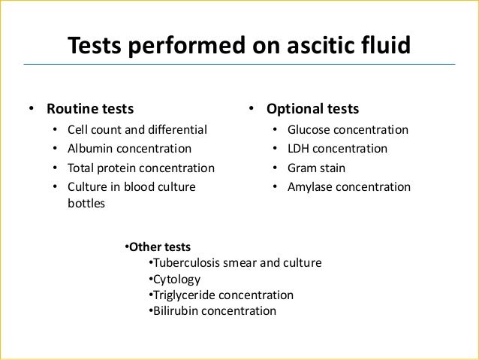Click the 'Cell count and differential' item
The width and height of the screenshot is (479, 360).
click(x=137, y=129)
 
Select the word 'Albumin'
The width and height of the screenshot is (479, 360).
click(x=90, y=148)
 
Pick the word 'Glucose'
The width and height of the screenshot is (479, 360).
click(x=310, y=129)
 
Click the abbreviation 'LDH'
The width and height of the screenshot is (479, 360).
click(x=300, y=148)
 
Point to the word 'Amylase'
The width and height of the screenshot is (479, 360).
click(x=311, y=186)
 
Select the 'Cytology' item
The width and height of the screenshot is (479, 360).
click(x=176, y=279)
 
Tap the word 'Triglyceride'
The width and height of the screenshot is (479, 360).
click(x=184, y=295)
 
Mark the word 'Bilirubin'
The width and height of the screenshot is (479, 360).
click(x=175, y=310)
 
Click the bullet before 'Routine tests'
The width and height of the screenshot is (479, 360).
click(x=31, y=108)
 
